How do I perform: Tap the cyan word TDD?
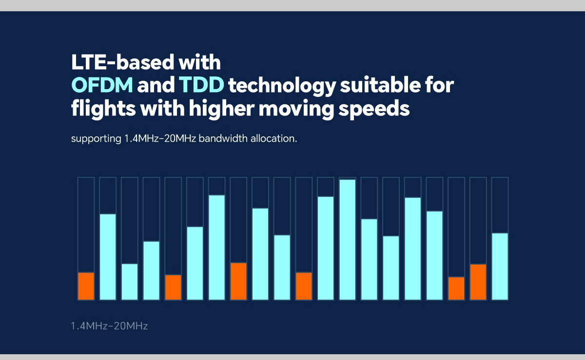tap(201, 86)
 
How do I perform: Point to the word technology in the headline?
tap(282, 86)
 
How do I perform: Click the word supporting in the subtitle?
tap(94, 138)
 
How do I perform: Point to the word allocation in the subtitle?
tap(273, 138)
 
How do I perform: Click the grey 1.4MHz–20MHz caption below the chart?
tap(109, 325)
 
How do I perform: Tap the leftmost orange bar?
tap(86, 286)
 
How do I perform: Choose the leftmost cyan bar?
tap(108, 257)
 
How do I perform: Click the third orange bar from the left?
tap(238, 281)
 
